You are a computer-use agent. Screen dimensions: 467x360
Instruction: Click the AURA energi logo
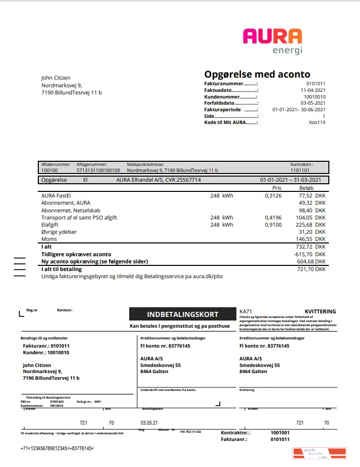click(x=272, y=40)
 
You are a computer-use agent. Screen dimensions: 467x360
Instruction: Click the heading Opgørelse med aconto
click(x=257, y=75)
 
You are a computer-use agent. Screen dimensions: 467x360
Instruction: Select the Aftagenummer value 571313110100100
click(x=98, y=170)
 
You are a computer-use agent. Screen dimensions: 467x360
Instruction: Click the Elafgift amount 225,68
click(x=302, y=225)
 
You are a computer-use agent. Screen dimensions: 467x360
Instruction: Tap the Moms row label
click(x=49, y=239)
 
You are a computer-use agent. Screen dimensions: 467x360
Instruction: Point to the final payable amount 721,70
click(x=302, y=269)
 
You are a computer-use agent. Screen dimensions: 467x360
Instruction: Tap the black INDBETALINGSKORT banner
click(x=182, y=314)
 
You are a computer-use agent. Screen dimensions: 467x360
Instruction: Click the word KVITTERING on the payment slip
click(x=320, y=311)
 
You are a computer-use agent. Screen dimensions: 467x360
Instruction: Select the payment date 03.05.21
click(x=149, y=423)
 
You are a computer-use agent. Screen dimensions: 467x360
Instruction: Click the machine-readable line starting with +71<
click(x=57, y=448)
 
